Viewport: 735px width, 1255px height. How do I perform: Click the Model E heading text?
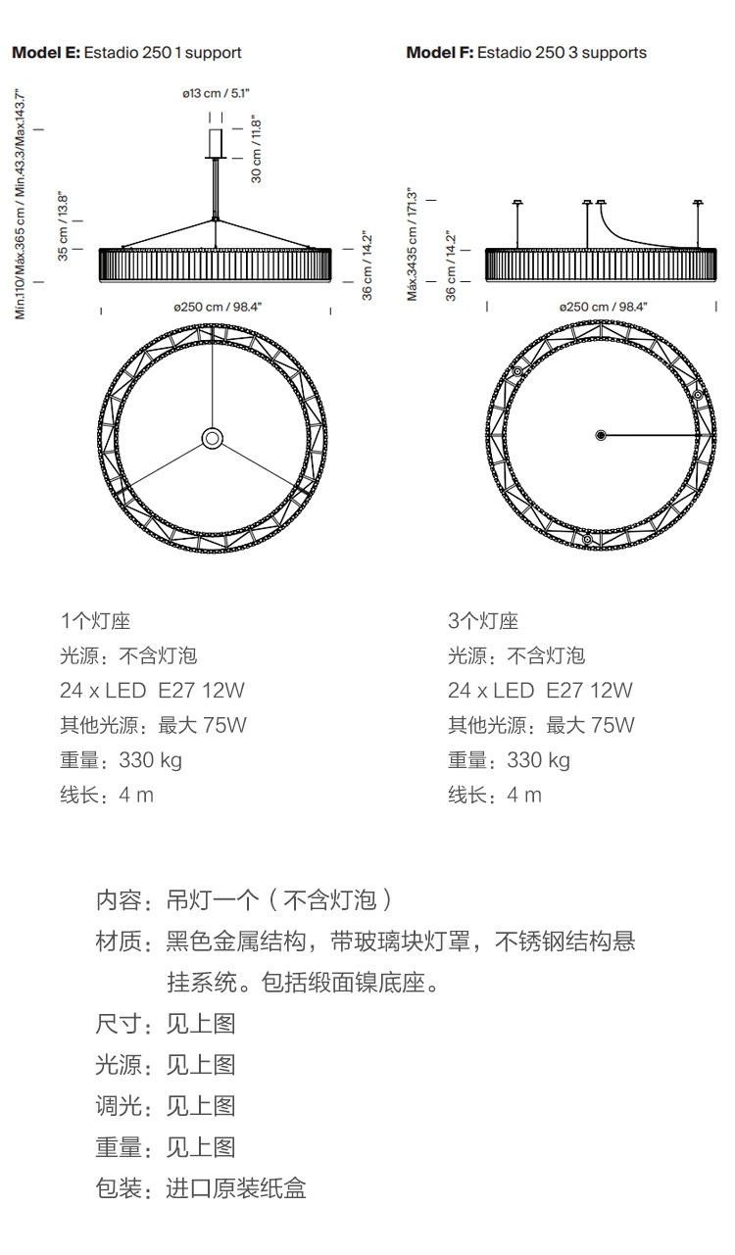(x=126, y=53)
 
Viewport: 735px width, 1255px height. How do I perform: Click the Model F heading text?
(x=526, y=53)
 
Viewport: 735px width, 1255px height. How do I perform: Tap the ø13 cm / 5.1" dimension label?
(x=217, y=93)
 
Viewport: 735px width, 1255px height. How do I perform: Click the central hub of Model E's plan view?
(x=212, y=437)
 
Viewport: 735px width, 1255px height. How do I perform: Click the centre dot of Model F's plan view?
(x=601, y=435)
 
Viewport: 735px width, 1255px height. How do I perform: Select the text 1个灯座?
(x=95, y=620)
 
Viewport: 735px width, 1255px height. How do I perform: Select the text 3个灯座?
(x=483, y=620)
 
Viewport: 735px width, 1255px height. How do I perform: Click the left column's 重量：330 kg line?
(x=121, y=759)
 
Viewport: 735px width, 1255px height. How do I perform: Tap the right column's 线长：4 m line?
(x=495, y=795)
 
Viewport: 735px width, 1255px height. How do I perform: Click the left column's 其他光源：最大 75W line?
(x=153, y=725)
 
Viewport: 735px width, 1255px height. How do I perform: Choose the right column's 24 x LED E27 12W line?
(x=540, y=690)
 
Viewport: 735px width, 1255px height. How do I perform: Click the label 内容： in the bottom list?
(x=123, y=899)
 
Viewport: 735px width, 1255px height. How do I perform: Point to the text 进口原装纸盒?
(x=236, y=1188)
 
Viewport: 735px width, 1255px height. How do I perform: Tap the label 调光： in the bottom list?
(x=123, y=1106)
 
